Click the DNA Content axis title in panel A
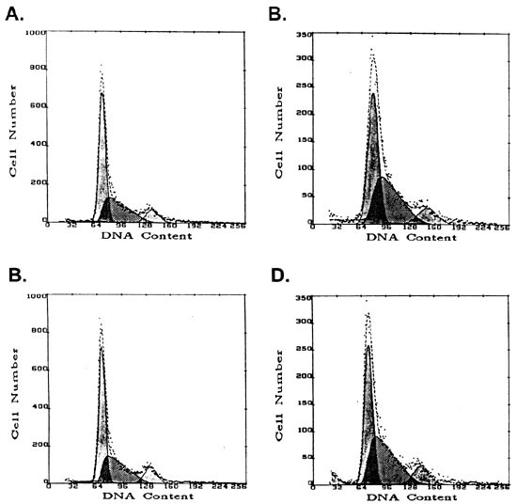[x=145, y=235]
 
